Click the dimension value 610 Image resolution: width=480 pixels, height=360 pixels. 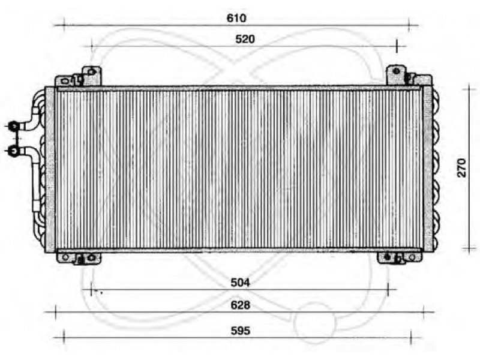point(236,18)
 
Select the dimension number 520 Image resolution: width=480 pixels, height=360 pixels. point(245,39)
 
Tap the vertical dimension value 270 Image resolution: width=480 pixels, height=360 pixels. point(461,168)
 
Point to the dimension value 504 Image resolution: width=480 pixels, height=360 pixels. point(241,282)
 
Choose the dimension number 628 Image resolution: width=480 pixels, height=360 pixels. point(241,305)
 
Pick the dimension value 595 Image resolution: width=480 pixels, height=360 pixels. point(241,331)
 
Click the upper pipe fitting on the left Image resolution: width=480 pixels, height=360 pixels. point(13,126)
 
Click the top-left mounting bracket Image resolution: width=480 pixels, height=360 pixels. point(78,77)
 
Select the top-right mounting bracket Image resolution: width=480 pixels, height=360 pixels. point(409,76)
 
